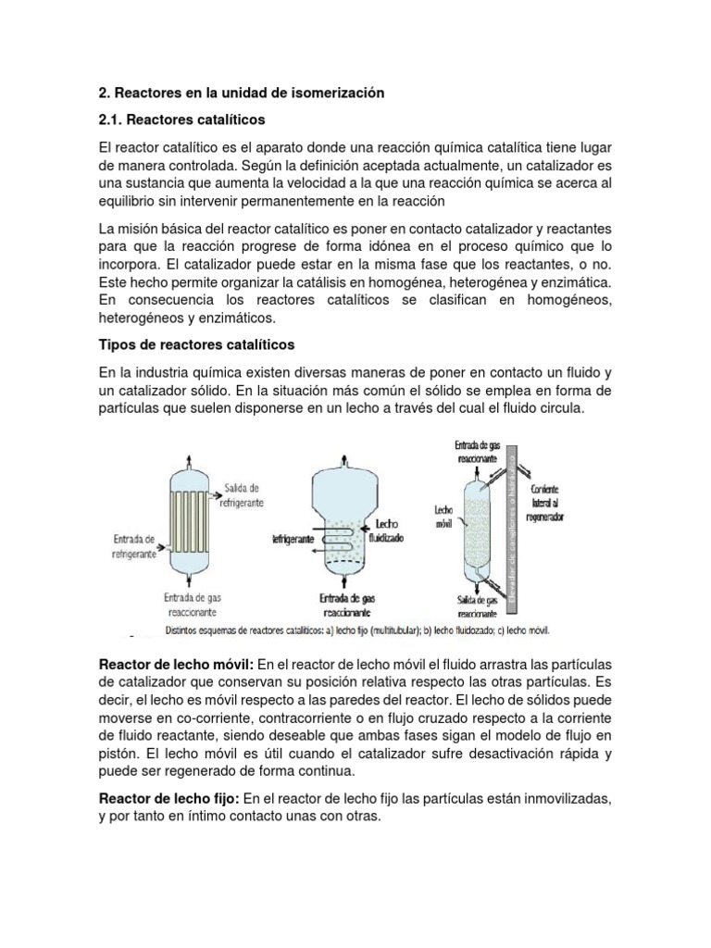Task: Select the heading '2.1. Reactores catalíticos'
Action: point(181,120)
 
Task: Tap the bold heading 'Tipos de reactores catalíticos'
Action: point(196,344)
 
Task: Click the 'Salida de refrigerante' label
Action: point(242,494)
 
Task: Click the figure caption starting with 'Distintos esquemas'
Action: point(357,631)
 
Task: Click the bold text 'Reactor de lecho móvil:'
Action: point(176,666)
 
